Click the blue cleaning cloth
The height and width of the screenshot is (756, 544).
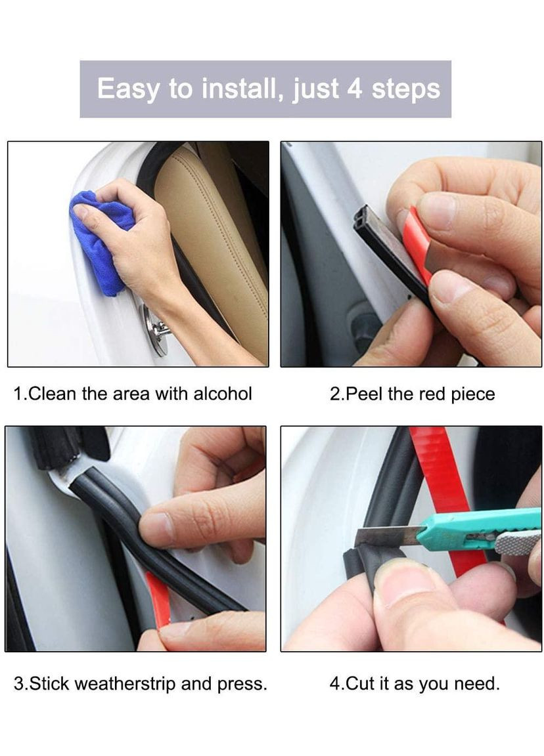99,241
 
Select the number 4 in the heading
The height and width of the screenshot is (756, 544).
355,89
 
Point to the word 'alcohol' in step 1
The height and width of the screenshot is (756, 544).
223,394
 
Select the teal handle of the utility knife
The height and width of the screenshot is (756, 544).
478,528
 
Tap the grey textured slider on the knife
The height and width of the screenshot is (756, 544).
516,543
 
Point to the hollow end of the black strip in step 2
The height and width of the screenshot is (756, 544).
365,220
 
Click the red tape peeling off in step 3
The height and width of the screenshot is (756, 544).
159,600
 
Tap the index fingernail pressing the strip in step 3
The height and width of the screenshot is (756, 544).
156,528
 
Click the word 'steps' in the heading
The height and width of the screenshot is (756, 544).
406,90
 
